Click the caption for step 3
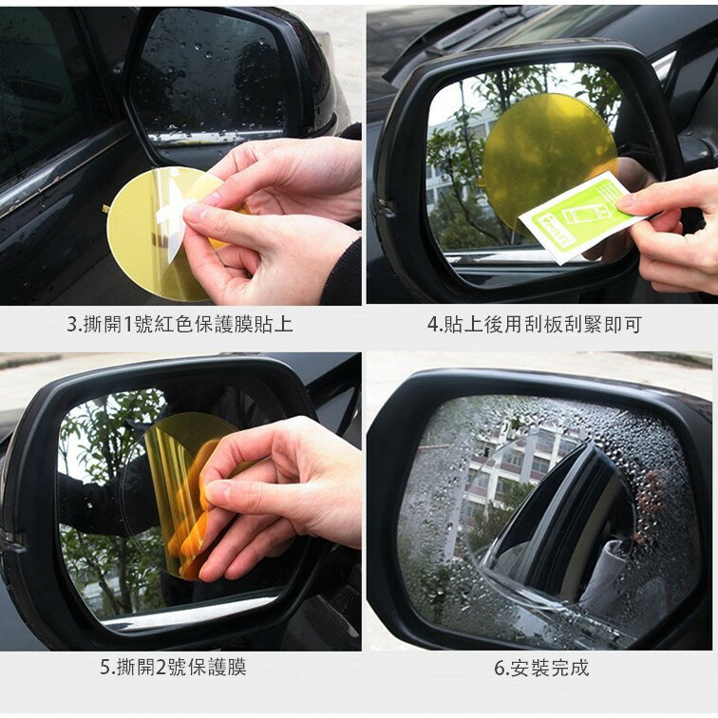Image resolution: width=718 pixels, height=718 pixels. point(179,325)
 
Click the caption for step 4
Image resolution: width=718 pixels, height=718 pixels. point(535,325)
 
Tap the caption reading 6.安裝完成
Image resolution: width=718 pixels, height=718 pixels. point(541,668)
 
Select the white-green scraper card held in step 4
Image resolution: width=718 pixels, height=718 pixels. point(576,217)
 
